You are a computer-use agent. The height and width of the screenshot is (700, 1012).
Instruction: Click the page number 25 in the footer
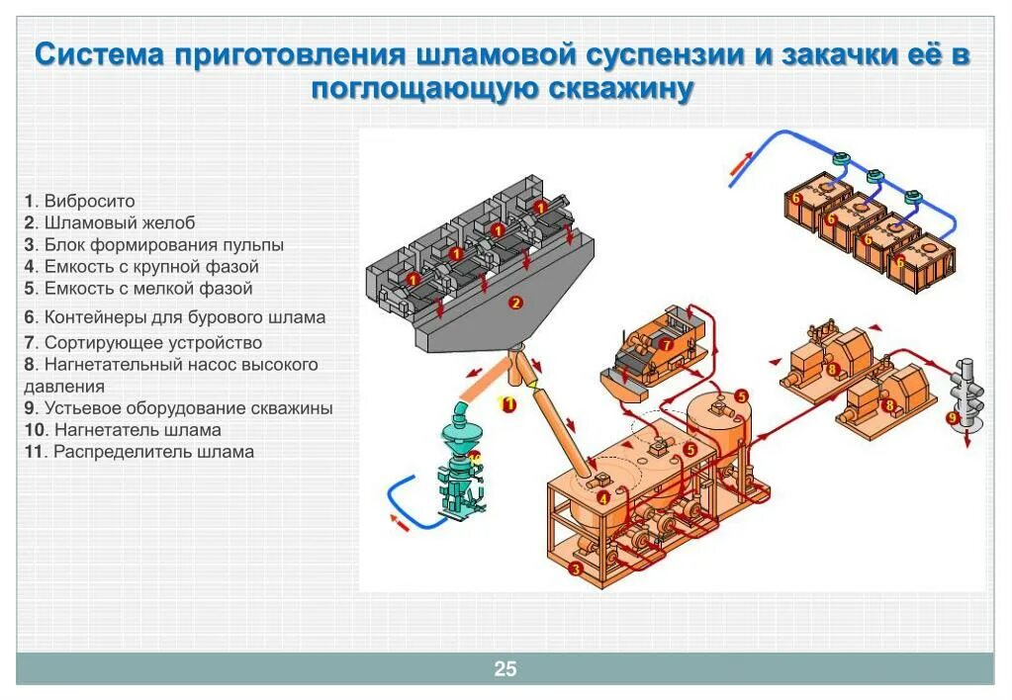click(506, 669)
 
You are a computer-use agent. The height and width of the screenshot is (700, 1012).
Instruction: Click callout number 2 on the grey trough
click(514, 303)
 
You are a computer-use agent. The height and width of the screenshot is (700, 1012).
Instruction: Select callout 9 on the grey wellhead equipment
click(953, 418)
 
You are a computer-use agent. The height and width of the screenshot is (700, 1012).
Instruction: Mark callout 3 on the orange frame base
click(575, 569)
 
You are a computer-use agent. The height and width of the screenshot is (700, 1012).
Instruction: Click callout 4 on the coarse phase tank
click(600, 474)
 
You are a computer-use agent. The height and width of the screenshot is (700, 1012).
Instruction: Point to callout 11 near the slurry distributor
click(508, 403)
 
